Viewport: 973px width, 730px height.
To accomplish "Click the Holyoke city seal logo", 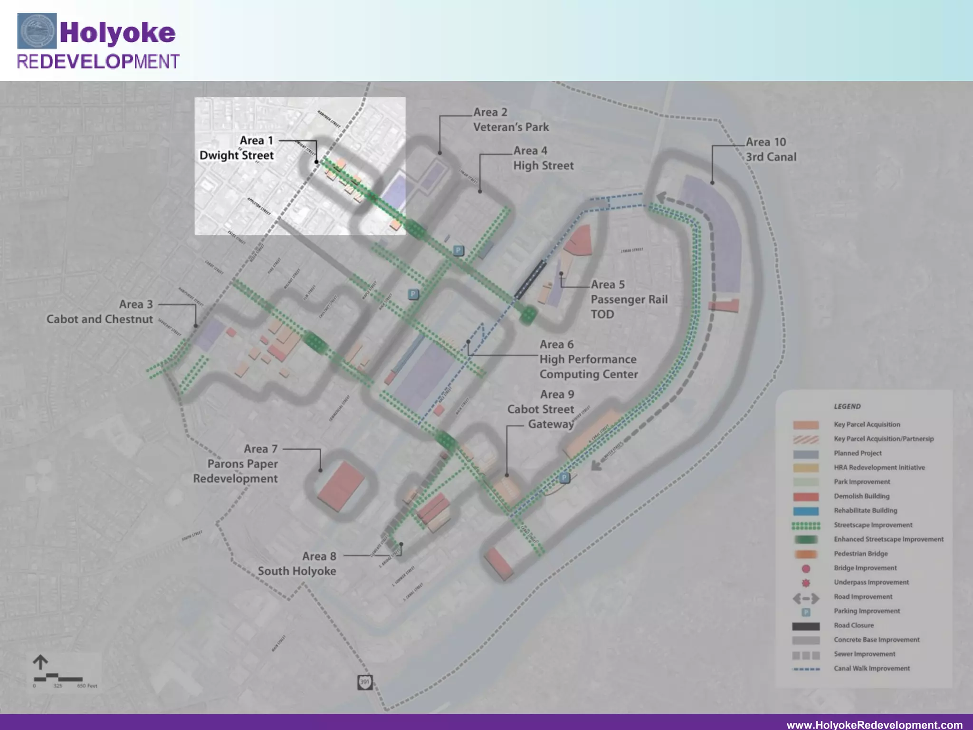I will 37,31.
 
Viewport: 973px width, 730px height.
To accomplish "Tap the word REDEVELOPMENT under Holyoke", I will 98,62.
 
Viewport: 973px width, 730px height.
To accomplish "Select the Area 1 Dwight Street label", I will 237,148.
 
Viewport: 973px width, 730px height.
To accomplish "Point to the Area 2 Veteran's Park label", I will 511,120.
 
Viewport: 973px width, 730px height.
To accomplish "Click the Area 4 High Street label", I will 543,158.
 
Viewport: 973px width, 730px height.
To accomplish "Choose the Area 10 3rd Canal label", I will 770,149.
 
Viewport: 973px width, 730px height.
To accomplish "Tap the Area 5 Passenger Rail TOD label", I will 629,299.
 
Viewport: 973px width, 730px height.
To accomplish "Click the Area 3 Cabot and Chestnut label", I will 100,312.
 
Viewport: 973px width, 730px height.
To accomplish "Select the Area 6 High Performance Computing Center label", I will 588,359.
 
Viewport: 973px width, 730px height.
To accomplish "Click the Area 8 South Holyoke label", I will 297,564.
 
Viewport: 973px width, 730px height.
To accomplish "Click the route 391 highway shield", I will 364,682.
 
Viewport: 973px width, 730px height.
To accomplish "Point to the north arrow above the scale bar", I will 40,662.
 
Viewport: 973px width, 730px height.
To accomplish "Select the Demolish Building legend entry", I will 861,496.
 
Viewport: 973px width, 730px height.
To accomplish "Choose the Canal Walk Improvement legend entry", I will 871,669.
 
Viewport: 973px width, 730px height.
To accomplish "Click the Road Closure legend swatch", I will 806,626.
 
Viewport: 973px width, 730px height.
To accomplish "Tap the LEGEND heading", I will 847,406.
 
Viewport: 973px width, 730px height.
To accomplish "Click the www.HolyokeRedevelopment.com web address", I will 874,725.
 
